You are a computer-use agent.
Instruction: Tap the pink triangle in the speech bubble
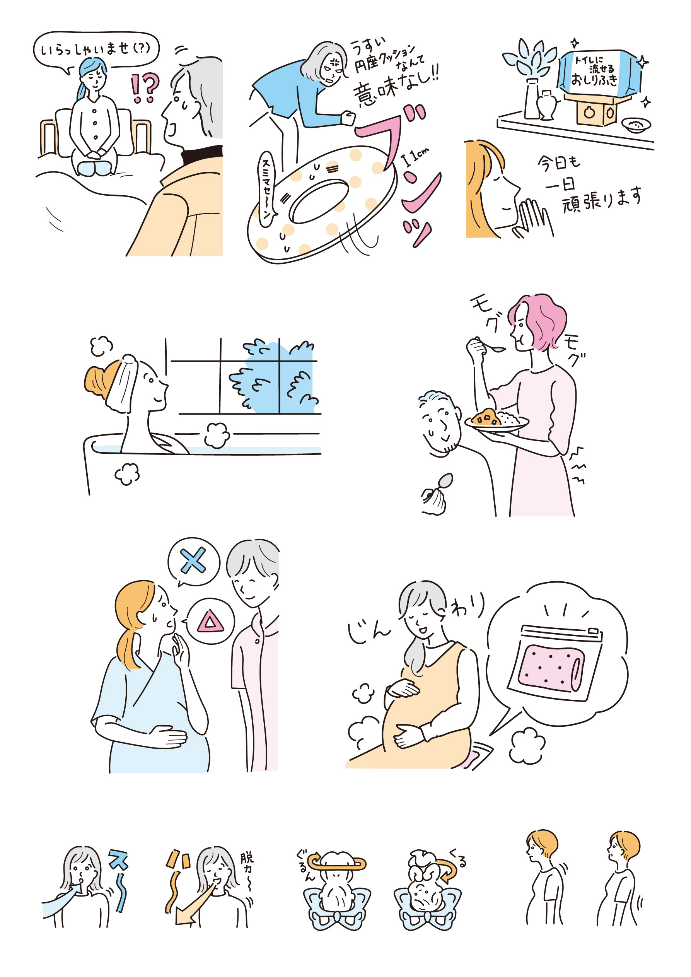pos(210,622)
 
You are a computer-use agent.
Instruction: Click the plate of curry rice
pos(496,420)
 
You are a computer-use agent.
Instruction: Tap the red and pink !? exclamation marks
pos(145,88)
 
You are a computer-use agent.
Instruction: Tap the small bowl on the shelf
pos(636,125)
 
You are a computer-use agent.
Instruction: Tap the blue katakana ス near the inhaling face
pos(118,859)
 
